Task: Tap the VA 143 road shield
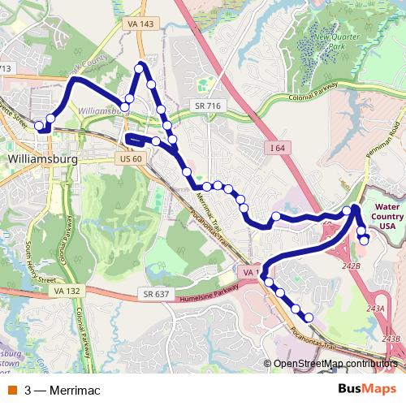[140, 25]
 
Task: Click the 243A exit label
[375, 309]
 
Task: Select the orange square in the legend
[13, 391]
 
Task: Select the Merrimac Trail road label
[205, 209]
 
